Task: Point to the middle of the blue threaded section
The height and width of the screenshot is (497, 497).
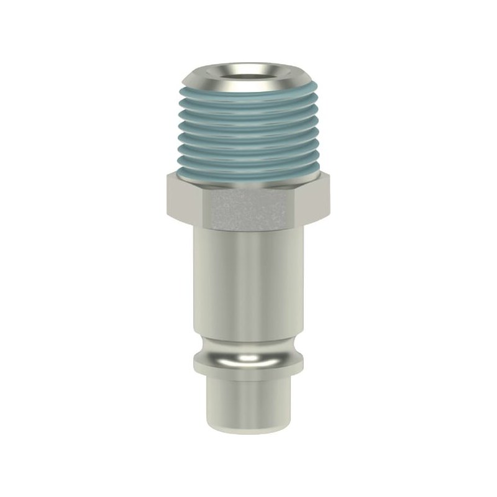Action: (x=248, y=137)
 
